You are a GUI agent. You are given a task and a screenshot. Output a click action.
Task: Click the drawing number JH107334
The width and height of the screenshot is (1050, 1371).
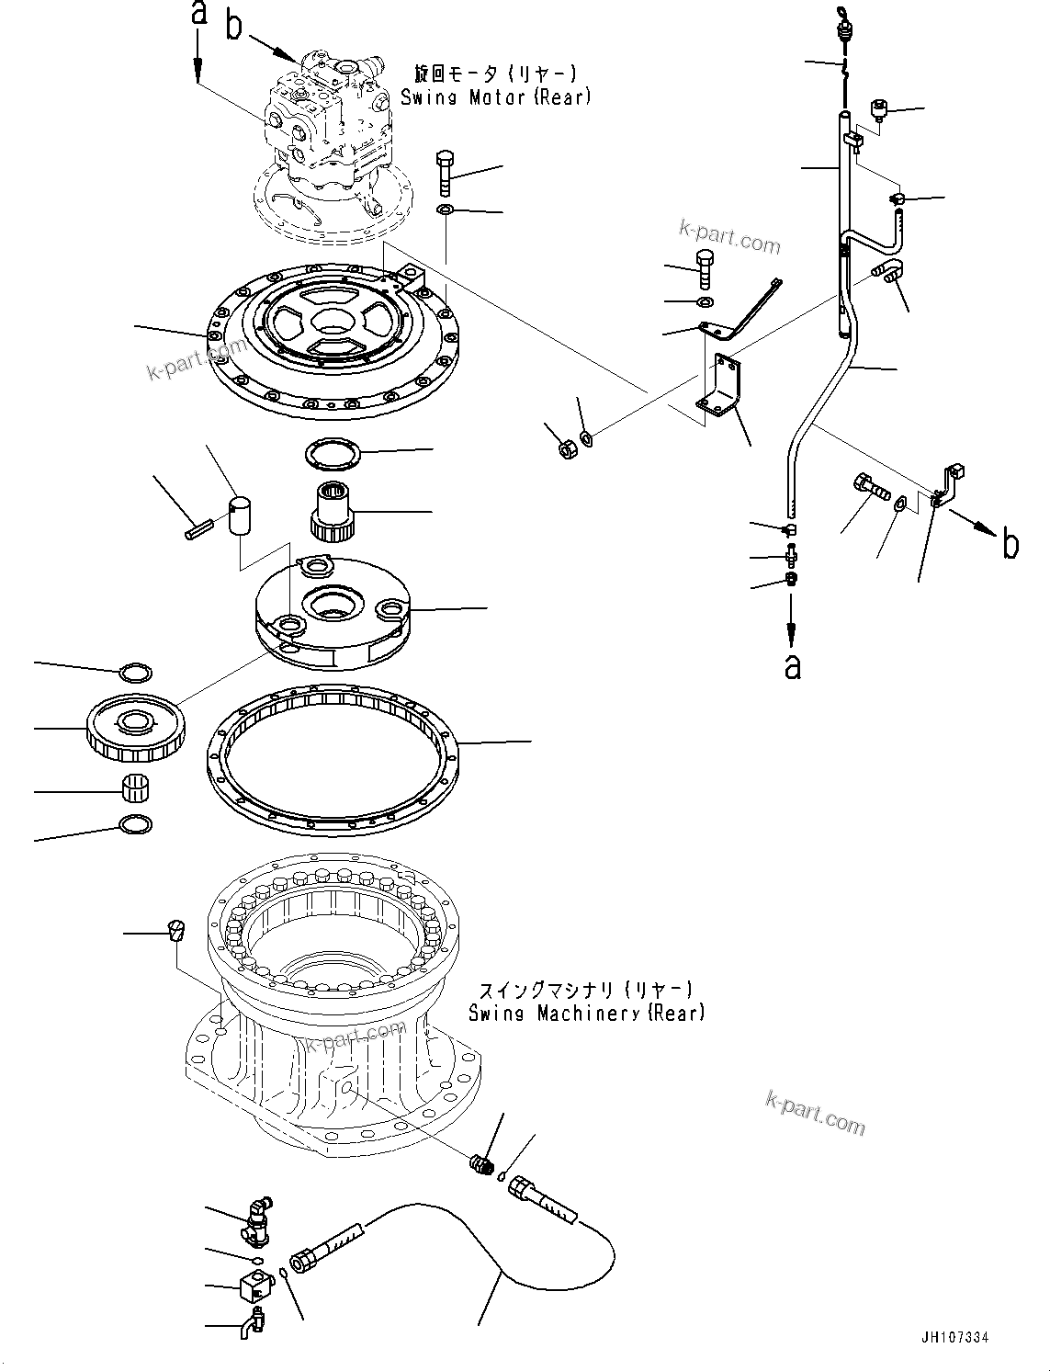[x=954, y=1339]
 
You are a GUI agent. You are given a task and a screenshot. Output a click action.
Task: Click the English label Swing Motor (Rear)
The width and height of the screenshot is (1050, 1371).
[x=496, y=96]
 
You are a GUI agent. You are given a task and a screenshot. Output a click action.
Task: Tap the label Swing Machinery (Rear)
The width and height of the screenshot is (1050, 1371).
[x=586, y=1013]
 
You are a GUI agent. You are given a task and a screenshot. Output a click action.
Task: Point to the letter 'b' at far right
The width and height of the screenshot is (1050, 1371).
[x=1010, y=545]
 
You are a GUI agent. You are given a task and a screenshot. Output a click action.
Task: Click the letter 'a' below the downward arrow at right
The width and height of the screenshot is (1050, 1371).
[x=792, y=666]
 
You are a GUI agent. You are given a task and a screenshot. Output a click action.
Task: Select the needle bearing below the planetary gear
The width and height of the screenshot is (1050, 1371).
[x=136, y=787]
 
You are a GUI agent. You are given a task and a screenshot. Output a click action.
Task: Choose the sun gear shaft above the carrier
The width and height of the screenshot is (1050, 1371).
[x=330, y=511]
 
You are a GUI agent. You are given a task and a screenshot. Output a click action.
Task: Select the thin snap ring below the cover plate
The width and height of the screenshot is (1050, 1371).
[x=333, y=453]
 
